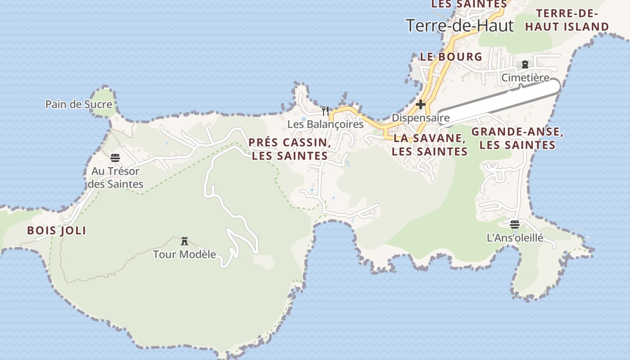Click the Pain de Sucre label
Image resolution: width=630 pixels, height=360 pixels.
79,104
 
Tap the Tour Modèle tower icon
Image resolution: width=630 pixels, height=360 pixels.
184,241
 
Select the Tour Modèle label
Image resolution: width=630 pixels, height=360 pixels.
184,254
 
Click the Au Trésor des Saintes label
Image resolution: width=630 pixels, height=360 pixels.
116,177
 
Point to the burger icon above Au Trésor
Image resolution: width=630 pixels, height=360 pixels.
115,158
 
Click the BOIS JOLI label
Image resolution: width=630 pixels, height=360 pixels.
57,231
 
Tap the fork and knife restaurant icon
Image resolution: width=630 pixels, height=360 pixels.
325,111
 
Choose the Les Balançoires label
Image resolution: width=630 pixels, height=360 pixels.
325,124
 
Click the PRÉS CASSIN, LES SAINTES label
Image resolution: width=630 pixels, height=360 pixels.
290,149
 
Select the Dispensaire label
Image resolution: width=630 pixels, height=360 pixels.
421,118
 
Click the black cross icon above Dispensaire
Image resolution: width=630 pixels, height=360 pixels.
421,104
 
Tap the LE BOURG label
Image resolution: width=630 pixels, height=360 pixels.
451,57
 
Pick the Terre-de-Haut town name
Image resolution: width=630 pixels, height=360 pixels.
459,26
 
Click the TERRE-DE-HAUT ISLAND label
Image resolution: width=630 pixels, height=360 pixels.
567,20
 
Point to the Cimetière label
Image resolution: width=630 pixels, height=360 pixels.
525,78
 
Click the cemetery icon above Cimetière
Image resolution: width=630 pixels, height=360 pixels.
525,65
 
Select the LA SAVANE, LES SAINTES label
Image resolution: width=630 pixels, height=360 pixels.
430,144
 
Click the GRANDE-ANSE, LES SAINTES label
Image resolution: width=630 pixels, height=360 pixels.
517,138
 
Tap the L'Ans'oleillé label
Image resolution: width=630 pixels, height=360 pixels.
515,238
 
